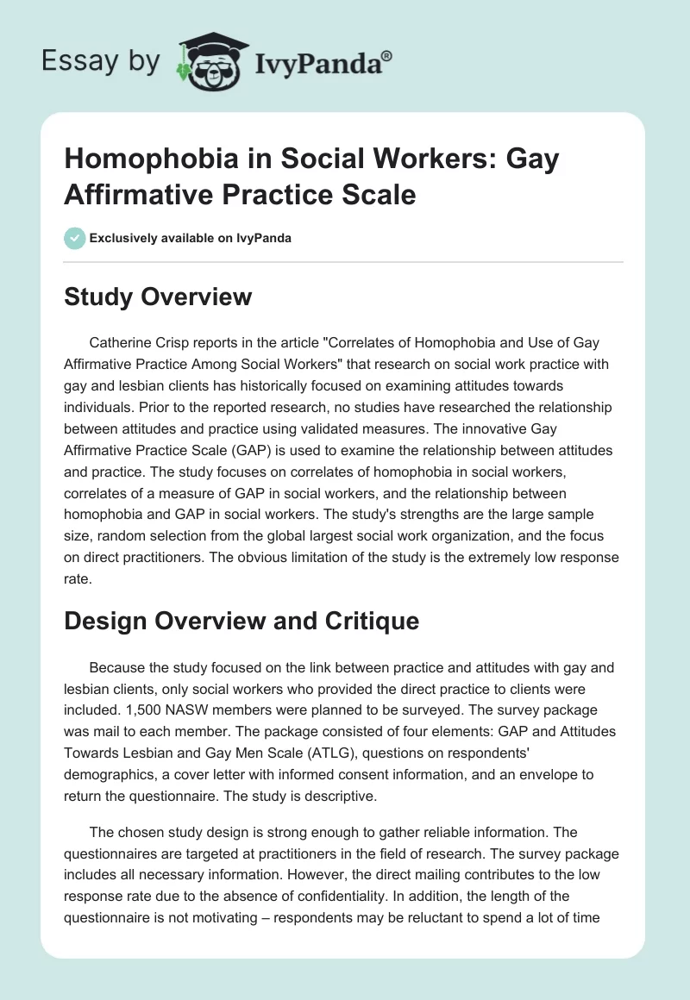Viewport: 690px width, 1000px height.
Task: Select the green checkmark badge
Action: [x=75, y=238]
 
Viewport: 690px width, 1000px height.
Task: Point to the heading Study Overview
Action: [x=159, y=297]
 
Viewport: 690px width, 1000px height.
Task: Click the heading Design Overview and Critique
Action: [x=242, y=621]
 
